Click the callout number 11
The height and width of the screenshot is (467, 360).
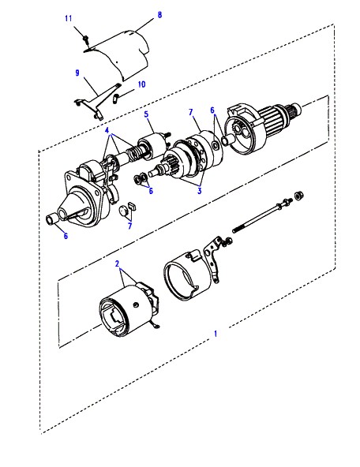[69, 18]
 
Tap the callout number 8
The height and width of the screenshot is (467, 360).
[159, 14]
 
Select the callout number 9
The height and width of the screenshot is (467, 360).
[77, 73]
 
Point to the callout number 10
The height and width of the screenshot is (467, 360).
[141, 84]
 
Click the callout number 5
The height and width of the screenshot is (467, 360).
[146, 114]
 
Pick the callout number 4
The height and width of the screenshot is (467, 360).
[107, 130]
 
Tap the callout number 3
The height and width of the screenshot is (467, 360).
[200, 191]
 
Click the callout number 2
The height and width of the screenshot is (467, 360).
[117, 263]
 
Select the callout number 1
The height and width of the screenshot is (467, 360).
[216, 334]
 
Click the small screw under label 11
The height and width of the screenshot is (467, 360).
[86, 39]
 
